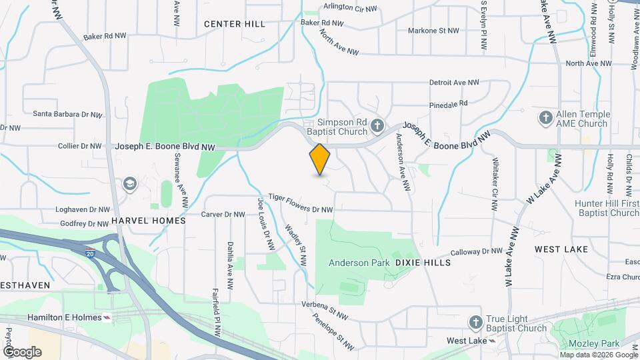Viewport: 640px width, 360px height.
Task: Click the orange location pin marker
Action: click(320, 159)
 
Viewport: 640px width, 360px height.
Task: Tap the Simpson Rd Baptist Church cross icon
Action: click(377, 125)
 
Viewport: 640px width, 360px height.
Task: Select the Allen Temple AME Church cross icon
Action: click(545, 117)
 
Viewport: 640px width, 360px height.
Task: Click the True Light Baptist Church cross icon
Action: click(475, 323)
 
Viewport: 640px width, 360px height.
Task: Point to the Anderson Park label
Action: click(359, 263)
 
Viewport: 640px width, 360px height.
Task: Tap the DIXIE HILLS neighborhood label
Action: click(423, 263)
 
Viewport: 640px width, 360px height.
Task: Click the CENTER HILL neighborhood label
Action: click(235, 24)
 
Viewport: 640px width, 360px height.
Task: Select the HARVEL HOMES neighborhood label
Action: click(148, 221)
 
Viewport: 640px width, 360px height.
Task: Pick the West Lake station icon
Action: click(493, 341)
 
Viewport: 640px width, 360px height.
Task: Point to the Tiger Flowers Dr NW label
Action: click(300, 203)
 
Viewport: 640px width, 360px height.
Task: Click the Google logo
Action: click(22, 351)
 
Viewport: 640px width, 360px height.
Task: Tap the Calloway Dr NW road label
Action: click(475, 252)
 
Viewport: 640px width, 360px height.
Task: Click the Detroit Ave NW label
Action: click(454, 83)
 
